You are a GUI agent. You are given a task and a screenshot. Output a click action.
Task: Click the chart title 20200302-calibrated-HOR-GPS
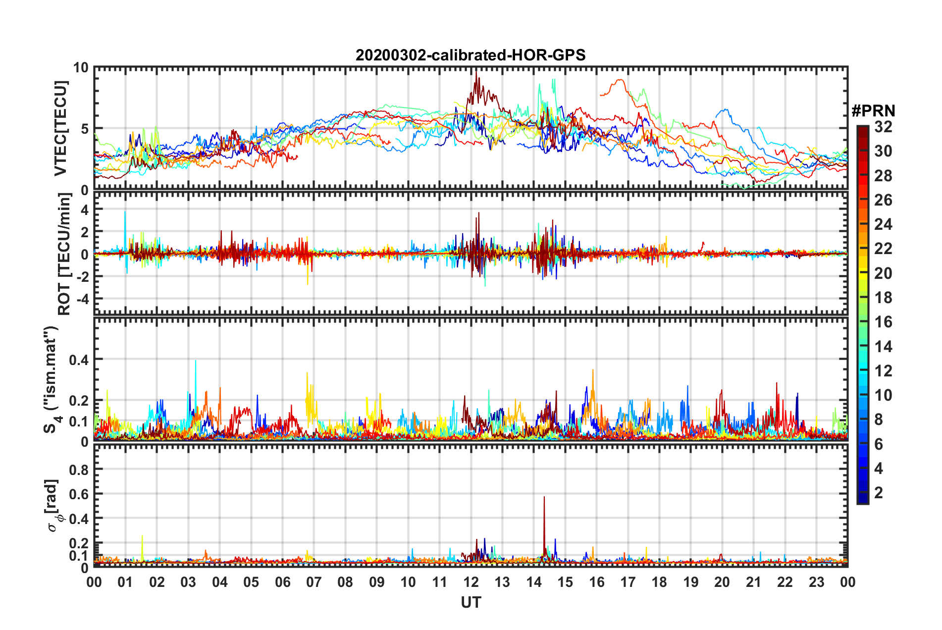[471, 55]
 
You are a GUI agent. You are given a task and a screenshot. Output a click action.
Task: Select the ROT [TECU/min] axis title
[64, 254]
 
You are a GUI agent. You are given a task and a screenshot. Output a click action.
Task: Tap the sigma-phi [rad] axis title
[53, 505]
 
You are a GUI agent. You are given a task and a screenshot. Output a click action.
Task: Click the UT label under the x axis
[471, 602]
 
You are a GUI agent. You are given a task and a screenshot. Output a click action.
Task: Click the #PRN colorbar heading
[873, 111]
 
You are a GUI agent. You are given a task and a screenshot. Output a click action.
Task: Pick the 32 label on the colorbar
[883, 127]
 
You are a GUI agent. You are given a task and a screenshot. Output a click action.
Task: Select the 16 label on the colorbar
[883, 322]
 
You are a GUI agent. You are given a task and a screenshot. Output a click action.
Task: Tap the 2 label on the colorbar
[879, 493]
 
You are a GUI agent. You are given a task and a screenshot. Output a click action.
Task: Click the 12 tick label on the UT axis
[471, 582]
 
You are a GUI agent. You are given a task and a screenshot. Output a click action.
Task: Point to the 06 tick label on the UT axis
[282, 582]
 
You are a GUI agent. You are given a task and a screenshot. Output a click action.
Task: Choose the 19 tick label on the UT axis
[690, 582]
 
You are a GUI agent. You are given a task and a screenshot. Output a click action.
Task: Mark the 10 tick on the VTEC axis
[80, 68]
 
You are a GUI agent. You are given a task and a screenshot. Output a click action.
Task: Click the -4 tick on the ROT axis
[82, 299]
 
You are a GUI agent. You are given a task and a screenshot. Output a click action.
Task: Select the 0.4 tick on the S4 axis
[79, 359]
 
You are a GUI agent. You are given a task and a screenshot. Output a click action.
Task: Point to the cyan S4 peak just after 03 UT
[196, 361]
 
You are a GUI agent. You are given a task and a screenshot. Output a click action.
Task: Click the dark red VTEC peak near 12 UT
[476, 72]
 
